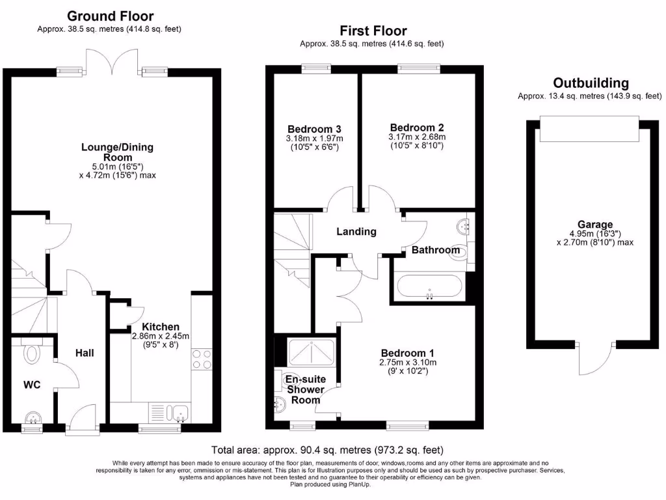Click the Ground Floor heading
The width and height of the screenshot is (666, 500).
[111, 16]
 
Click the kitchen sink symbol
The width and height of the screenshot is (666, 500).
[176, 411]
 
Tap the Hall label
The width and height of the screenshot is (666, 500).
[85, 353]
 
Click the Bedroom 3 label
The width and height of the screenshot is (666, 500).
[314, 128]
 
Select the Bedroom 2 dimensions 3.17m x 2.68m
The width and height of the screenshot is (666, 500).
[417, 137]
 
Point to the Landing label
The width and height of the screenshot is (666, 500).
[356, 231]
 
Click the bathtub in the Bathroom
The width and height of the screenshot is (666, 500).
[429, 288]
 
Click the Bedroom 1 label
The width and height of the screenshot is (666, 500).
[408, 352]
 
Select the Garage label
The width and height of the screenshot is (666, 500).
[594, 225]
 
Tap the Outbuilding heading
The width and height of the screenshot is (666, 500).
[591, 83]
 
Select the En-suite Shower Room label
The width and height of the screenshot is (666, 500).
[305, 389]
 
